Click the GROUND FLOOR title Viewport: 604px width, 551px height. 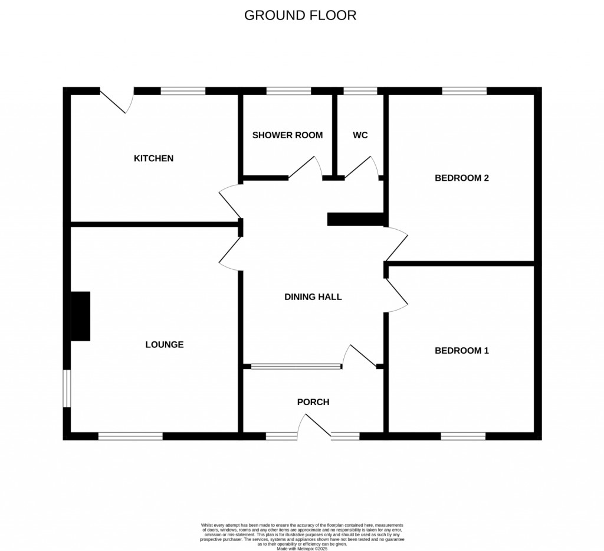pos(300,15)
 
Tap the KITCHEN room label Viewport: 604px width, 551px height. pos(153,158)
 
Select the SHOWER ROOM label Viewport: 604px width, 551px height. pos(287,135)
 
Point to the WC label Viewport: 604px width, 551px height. pos(360,135)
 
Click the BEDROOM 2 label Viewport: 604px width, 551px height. pos(462,178)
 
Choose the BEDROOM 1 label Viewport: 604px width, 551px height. pos(462,351)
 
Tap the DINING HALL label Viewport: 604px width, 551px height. pos(313,297)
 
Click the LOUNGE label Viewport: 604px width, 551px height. pos(165,344)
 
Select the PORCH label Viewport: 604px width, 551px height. pos(313,402)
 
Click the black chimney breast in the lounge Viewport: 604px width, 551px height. pos(80,316)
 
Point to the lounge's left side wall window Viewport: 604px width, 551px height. pos(67,388)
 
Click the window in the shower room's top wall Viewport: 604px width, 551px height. pos(288,91)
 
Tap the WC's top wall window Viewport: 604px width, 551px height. pos(360,91)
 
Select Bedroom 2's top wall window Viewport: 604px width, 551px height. pos(464,91)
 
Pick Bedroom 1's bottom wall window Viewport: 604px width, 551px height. pos(463,436)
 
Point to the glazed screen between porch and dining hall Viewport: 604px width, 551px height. pos(296,367)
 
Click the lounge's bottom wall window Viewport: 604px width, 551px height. pos(130,436)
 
